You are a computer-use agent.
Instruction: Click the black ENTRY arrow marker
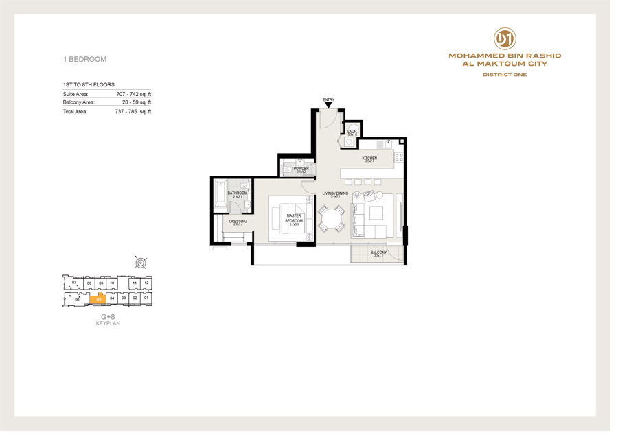pyautogui.click(x=328, y=105)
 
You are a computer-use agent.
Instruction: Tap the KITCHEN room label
pyautogui.click(x=369, y=159)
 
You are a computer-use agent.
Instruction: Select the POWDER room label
pyautogui.click(x=301, y=169)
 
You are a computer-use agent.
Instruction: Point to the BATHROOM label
pyautogui.click(x=238, y=194)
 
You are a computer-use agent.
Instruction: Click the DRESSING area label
pyautogui.click(x=238, y=222)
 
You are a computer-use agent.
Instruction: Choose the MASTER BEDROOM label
pyautogui.click(x=295, y=219)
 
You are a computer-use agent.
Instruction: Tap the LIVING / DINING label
pyautogui.click(x=335, y=195)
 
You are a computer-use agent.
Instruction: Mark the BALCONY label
pyautogui.click(x=378, y=253)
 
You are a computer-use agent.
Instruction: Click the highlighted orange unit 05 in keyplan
pyautogui.click(x=99, y=298)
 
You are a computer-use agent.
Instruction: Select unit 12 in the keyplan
pyautogui.click(x=146, y=283)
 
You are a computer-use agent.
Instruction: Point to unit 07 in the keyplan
pyautogui.click(x=74, y=283)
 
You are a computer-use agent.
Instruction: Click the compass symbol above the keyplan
pyautogui.click(x=140, y=262)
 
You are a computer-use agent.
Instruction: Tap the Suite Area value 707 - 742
pyautogui.click(x=133, y=93)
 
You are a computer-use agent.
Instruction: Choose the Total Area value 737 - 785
pyautogui.click(x=133, y=111)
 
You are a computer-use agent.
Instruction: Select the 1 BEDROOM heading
pyautogui.click(x=84, y=59)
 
